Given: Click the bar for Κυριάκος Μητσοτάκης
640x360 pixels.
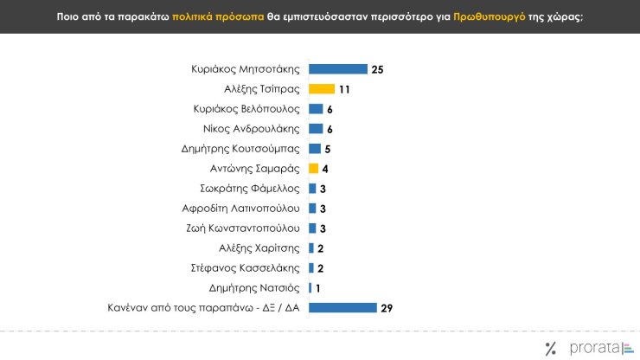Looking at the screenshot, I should [337, 68].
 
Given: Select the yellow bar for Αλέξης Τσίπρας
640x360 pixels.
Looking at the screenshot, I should [322, 88].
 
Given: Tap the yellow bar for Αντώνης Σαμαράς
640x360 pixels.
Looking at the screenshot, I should [314, 168].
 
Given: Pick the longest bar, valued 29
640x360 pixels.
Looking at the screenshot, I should [342, 307].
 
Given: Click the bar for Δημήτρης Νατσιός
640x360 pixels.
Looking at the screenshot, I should [310, 287].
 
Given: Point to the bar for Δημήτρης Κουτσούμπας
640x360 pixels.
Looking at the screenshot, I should [315, 148].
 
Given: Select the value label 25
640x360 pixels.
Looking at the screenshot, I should [376, 68].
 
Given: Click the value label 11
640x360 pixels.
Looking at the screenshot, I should [343, 88].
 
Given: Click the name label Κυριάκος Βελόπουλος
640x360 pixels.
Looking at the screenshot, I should [246, 108].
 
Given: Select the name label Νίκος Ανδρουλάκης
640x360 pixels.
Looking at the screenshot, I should [251, 128].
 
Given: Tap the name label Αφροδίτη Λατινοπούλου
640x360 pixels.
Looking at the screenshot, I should [241, 208].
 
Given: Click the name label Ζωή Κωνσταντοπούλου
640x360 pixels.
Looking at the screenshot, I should [244, 228].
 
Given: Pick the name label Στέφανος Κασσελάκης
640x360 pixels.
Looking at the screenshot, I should [246, 267].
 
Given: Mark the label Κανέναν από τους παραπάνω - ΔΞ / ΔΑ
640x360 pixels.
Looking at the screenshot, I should [219, 307].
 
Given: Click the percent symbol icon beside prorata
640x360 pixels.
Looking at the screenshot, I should [551, 348].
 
